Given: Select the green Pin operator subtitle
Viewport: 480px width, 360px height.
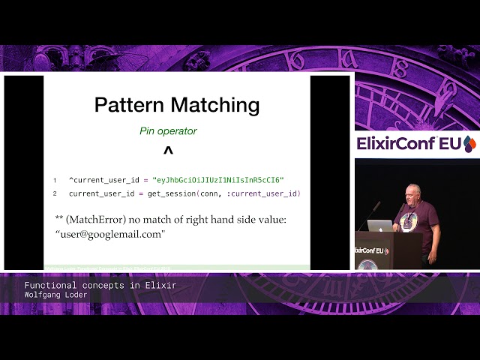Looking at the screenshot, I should pyautogui.click(x=168, y=131).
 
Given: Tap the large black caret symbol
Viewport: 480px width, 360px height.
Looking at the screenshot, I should pyautogui.click(x=168, y=152).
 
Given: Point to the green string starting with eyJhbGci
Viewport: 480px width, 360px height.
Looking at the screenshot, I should pyautogui.click(x=217, y=180).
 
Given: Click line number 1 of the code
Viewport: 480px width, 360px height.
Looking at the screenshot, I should pyautogui.click(x=55, y=181).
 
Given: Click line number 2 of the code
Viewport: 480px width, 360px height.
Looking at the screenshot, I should pyautogui.click(x=55, y=194).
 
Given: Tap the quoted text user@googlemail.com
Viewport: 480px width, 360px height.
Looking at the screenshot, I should pyautogui.click(x=110, y=234).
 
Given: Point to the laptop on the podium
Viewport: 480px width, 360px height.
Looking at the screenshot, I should pyautogui.click(x=380, y=226).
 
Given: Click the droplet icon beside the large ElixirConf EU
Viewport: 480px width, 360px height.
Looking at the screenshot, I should pyautogui.click(x=469, y=143).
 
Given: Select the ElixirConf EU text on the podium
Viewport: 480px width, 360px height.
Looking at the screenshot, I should pyautogui.click(x=370, y=250).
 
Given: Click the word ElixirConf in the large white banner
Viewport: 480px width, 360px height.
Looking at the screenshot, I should pyautogui.click(x=399, y=143).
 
